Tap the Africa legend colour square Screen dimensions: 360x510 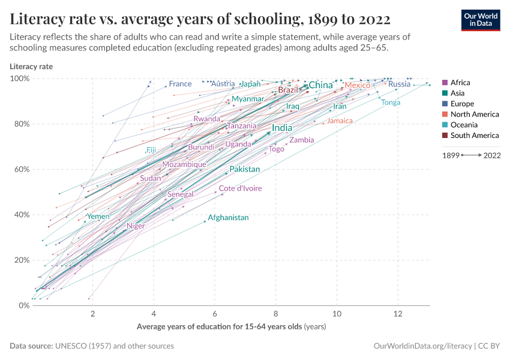pos(445,83)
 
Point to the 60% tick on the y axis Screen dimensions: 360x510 pos(22,169)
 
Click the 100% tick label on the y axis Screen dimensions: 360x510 pos(20,79)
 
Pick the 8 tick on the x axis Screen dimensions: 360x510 pos(275,314)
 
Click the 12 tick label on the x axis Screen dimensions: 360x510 pos(397,314)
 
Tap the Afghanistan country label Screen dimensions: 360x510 pos(228,218)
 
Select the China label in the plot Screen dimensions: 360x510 pos(320,85)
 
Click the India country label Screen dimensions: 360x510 pos(282,128)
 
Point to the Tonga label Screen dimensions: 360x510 pos(391,103)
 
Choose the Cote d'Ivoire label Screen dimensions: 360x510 pos(240,188)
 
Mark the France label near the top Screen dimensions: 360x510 pos(180,84)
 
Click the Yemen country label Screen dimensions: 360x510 pos(98,217)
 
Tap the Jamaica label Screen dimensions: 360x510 pos(340,121)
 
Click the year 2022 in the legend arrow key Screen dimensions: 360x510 pos(492,155)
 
